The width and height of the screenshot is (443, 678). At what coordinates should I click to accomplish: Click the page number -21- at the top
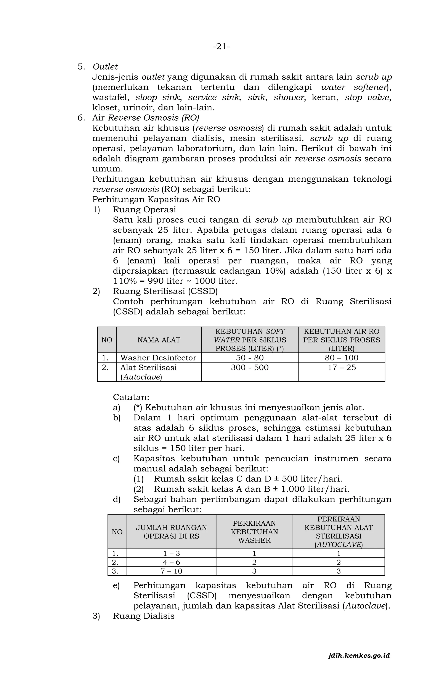221,47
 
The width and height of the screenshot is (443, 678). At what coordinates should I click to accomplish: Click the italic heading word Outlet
105,67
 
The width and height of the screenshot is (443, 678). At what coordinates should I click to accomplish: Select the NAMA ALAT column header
159,340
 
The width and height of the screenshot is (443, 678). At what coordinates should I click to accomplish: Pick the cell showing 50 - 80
250,358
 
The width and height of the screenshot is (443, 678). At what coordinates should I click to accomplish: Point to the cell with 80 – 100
341,358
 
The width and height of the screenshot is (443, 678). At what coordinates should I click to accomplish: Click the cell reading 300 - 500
250,368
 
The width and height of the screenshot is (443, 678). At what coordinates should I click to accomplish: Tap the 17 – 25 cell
341,368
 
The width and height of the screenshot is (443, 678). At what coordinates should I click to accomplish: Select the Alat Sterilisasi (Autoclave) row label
148,372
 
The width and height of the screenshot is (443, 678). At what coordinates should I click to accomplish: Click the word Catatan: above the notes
131,397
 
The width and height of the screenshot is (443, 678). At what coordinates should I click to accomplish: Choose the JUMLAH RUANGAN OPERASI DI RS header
171,532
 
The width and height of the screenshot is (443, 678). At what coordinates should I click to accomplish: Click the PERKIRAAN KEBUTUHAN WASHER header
254,532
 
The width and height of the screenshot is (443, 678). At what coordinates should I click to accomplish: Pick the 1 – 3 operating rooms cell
171,554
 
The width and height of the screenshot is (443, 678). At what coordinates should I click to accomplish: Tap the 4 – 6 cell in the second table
171,562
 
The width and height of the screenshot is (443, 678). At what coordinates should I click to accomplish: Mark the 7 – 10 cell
171,571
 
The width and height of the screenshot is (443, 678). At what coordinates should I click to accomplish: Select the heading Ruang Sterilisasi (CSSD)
165,291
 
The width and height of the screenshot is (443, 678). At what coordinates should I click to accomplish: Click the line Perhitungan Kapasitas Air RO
156,199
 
